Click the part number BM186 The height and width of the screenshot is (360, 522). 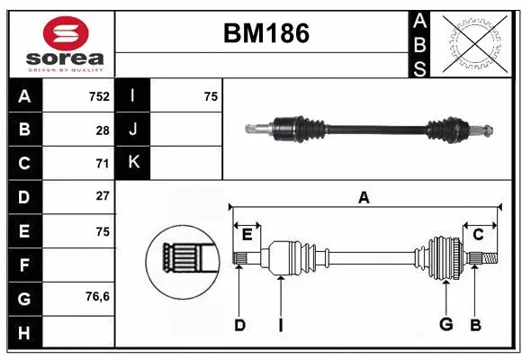coord(265,33)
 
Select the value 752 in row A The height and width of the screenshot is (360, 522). coord(99,95)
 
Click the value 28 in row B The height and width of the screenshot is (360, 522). coord(103,130)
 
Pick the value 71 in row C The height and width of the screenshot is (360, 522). coord(103,163)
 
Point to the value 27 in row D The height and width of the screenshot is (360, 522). coord(103,196)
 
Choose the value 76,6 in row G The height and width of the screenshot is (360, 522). coord(97,296)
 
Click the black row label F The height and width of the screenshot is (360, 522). coord(24,265)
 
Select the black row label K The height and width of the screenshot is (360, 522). coord(133,163)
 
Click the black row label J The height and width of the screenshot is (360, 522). coord(133,130)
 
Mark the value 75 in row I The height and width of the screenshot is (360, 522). coord(211,95)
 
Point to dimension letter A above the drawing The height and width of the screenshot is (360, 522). coord(364,197)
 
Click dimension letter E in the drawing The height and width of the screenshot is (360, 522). coord(247,235)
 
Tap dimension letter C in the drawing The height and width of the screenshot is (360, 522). coord(478,235)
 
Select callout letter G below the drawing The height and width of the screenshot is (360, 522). coord(445,324)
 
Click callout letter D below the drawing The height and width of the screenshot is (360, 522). coord(239,324)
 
